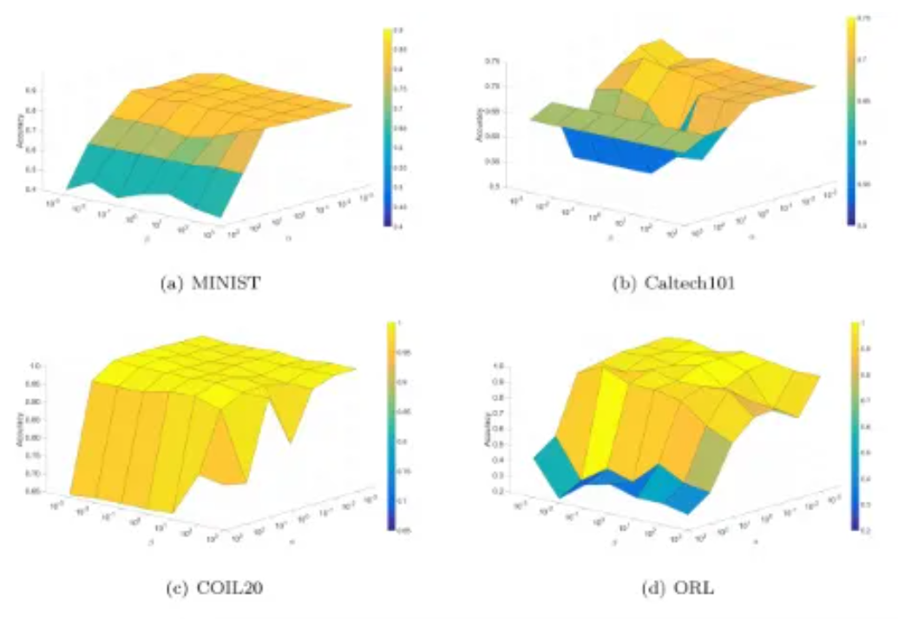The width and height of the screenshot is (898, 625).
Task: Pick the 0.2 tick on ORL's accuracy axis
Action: (497, 491)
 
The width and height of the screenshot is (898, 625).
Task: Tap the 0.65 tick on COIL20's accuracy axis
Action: (31, 491)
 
